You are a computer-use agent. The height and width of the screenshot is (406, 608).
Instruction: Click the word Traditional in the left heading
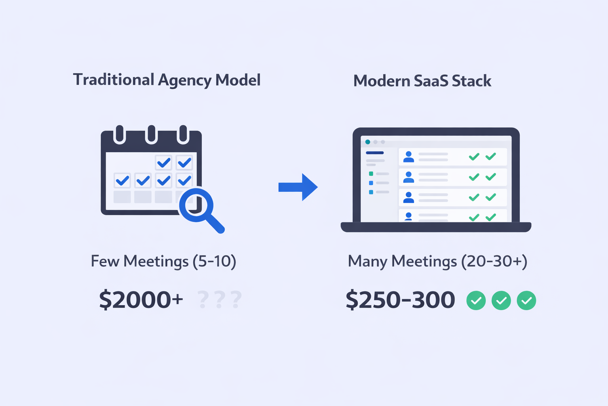tap(113, 80)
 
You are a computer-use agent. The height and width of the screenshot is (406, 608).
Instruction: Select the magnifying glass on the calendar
tap(197, 205)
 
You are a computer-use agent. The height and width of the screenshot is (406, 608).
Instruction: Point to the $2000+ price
tap(141, 299)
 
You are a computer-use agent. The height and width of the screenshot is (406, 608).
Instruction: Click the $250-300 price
tap(400, 300)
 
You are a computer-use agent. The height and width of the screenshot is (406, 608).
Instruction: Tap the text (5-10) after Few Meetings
tap(214, 261)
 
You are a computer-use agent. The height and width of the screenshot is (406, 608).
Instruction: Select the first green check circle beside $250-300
tap(476, 301)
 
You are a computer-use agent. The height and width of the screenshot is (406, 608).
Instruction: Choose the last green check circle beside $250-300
tap(526, 301)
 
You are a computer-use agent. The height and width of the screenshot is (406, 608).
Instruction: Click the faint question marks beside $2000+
tap(219, 300)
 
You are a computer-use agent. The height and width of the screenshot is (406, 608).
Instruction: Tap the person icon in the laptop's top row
tap(408, 157)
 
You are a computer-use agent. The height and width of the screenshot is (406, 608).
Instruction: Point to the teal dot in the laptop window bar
tap(368, 142)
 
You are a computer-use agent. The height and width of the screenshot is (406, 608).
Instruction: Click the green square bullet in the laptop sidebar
tap(371, 174)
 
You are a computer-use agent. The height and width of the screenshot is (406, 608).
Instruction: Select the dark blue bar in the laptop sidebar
tap(374, 153)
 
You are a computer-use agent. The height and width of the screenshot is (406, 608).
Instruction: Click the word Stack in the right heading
tap(471, 81)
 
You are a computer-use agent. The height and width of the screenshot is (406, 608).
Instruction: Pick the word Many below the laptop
tap(367, 262)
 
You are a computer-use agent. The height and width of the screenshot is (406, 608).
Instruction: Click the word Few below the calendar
tap(105, 261)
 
